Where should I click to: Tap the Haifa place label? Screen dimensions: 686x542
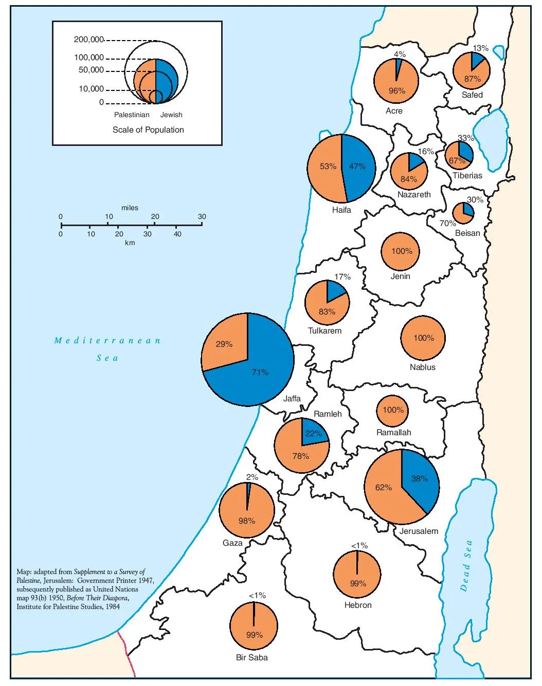(341, 210)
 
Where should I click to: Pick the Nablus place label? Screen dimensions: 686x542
(423, 367)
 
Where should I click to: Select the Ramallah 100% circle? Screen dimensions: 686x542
(393, 410)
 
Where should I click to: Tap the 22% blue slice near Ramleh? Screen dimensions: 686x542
(313, 433)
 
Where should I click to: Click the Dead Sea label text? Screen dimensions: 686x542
(466, 565)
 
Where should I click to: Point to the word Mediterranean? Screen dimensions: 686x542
(107, 340)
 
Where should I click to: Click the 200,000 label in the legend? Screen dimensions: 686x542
(89, 40)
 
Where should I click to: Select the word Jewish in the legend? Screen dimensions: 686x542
(171, 115)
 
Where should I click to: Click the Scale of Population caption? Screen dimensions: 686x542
(148, 129)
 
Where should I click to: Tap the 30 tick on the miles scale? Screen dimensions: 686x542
(202, 216)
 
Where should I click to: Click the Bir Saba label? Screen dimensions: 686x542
(251, 657)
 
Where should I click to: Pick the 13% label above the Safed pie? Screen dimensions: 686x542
(480, 48)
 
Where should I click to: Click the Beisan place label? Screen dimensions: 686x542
(467, 233)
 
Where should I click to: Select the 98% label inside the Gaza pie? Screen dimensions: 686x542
(247, 521)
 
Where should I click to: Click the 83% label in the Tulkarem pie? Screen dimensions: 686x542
(327, 311)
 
